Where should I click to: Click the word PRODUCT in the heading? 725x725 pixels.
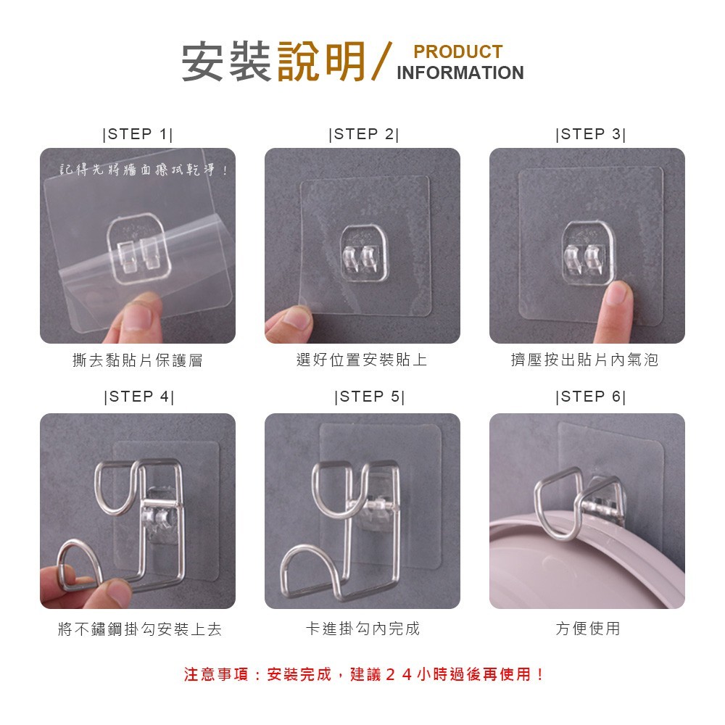coord(457,51)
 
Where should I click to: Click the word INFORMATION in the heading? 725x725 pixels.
coord(460,72)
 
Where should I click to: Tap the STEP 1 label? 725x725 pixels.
coord(137,134)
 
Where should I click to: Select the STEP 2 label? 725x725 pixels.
coord(363,134)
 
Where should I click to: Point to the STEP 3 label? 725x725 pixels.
coord(590,134)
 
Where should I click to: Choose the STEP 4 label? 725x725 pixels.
coord(139,397)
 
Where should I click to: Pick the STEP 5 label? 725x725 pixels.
coord(370,397)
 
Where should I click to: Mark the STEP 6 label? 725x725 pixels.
coord(590,397)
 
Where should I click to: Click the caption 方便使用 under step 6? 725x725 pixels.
coord(588,629)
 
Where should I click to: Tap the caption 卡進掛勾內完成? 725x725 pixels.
coord(363,629)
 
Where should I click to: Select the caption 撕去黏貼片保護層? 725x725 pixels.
coord(138,360)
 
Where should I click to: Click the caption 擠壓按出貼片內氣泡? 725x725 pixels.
coord(584,360)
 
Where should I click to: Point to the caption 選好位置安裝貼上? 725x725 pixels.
coord(362,360)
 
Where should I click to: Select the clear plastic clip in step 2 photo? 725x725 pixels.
coord(365,254)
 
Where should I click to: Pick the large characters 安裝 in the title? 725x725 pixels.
coord(226,62)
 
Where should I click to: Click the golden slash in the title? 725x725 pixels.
coord(381,62)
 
